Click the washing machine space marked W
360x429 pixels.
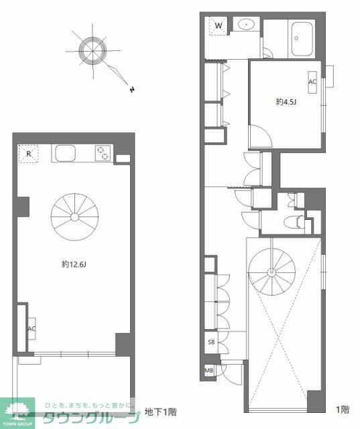pyautogui.click(x=219, y=25)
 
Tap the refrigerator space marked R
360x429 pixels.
pyautogui.click(x=28, y=154)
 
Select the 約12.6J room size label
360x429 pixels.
pyautogui.click(x=74, y=264)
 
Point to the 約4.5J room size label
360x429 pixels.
pyautogui.click(x=286, y=102)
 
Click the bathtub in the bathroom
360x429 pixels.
pyautogui.click(x=302, y=39)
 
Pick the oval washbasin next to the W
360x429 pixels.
pyautogui.click(x=247, y=25)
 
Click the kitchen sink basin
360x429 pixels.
pyautogui.click(x=65, y=154)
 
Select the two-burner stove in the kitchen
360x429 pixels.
pyautogui.click(x=103, y=154)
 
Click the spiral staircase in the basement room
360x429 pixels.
pyautogui.click(x=74, y=217)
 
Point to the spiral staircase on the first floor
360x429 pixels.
pyautogui.click(x=272, y=272)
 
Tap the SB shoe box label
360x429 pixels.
pyautogui.click(x=211, y=342)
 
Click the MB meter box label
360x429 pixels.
pyautogui.click(x=209, y=371)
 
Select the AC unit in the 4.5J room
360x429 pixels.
pyautogui.click(x=312, y=82)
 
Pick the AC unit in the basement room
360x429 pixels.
pyautogui.click(x=32, y=328)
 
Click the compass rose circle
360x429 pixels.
pyautogui.click(x=93, y=50)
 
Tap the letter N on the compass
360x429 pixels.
pyautogui.click(x=132, y=89)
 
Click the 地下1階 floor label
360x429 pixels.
pyautogui.click(x=161, y=412)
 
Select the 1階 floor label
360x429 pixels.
pyautogui.click(x=343, y=410)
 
